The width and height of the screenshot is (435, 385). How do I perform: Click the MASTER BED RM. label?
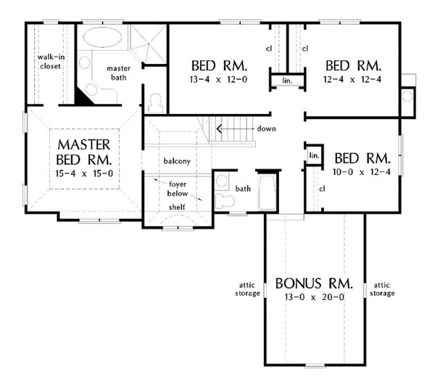84,152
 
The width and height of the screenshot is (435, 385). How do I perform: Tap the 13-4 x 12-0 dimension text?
218,79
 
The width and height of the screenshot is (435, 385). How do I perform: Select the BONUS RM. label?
314,283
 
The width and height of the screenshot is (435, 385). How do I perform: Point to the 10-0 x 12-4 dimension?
362,172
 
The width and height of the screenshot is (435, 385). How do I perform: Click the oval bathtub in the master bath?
103,37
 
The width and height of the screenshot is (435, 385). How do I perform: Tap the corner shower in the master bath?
149,44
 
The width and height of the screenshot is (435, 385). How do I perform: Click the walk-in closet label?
51,62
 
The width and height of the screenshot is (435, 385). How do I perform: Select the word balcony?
177,161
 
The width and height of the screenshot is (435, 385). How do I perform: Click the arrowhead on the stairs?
219,129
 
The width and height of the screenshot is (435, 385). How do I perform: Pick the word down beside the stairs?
266,129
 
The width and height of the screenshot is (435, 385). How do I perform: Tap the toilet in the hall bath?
225,200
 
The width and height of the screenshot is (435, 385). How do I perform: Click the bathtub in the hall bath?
267,192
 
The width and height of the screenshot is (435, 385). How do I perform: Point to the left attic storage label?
247,289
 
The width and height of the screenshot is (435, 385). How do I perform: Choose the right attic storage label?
382,289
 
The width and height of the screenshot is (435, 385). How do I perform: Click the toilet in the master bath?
155,103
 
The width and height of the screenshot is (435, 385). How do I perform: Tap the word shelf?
177,207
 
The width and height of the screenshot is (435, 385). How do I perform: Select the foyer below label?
178,189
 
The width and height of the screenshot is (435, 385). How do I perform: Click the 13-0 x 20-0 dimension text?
314,297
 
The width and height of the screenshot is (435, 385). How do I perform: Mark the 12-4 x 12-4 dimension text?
352,79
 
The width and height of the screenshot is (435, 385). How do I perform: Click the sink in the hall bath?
222,181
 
